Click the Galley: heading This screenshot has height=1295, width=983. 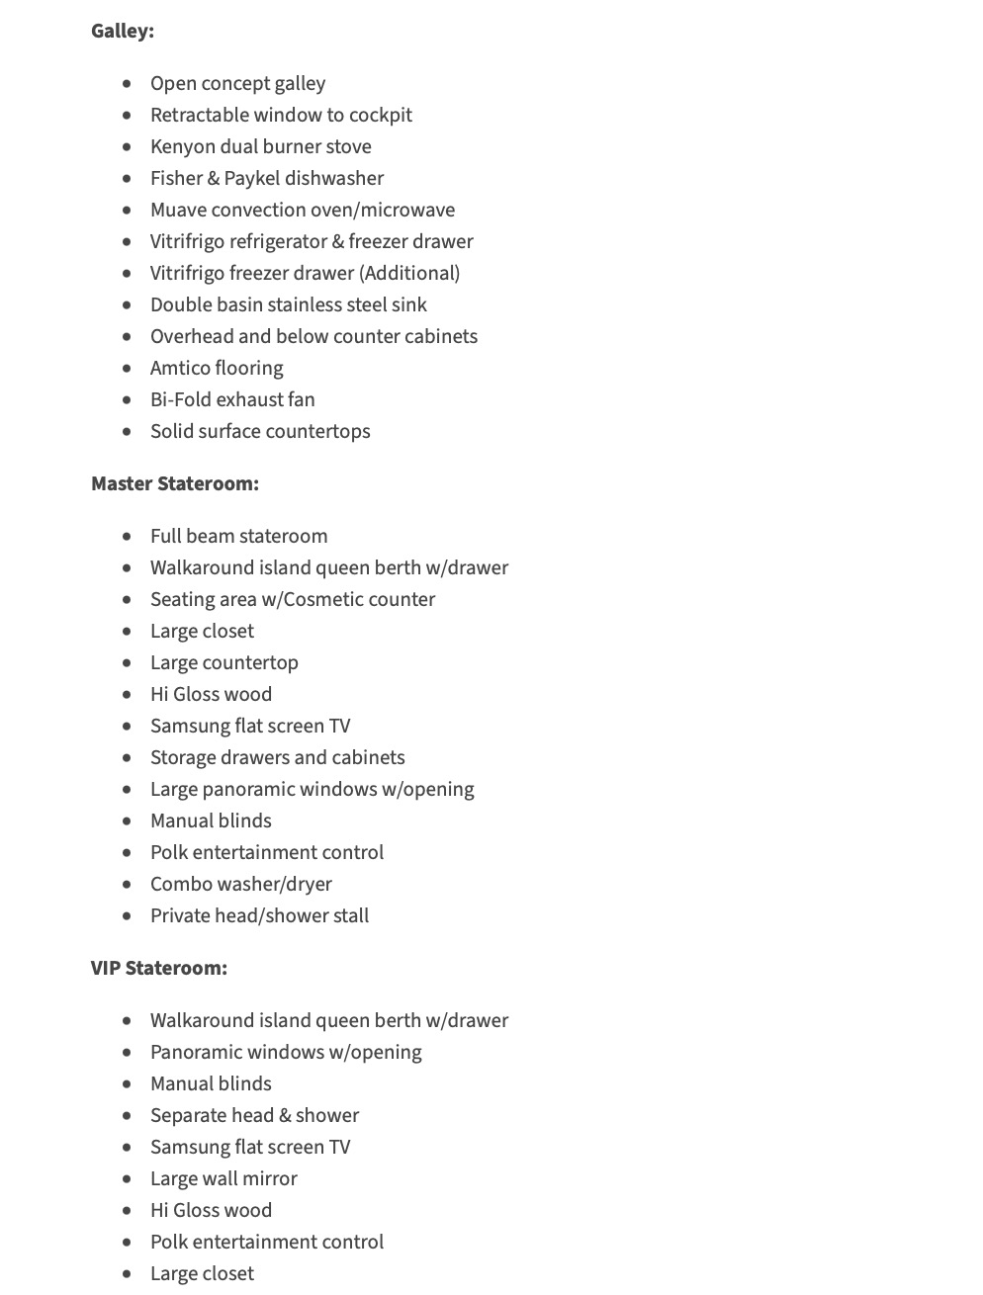pos(123,31)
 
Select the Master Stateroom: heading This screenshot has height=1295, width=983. pos(175,483)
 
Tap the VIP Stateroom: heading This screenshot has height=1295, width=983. pos(159,968)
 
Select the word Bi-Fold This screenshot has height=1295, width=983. pos(180,399)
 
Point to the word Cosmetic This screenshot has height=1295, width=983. pos(326,599)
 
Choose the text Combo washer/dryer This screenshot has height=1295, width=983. pos(241,884)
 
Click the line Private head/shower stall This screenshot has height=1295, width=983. pos(259,915)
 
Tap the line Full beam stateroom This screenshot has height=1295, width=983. pos(238,536)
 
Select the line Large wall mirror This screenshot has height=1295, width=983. pos(223,1178)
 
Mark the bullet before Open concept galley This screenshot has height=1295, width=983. pos(127,84)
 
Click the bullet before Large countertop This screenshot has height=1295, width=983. pos(127,663)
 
